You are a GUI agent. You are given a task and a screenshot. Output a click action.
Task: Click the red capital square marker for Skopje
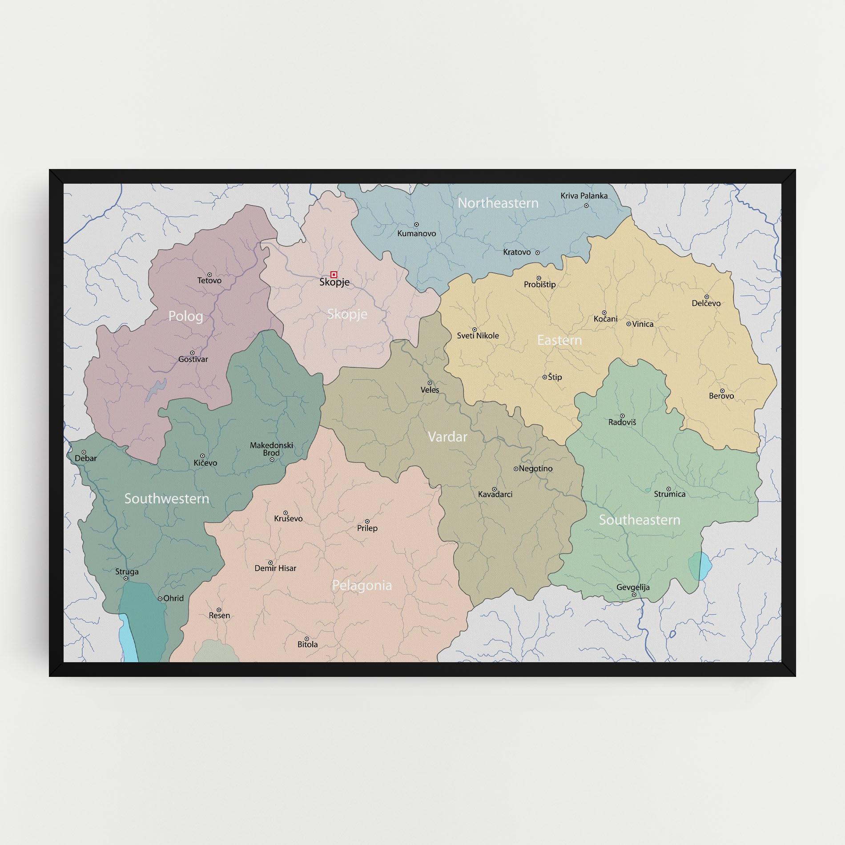coord(334,274)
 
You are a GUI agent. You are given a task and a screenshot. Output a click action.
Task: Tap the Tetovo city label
coord(209,281)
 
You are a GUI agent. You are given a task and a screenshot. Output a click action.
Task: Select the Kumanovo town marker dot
coord(416,225)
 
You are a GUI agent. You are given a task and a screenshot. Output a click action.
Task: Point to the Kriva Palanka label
coord(584,196)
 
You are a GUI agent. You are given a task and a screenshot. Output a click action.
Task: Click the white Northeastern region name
coord(498,203)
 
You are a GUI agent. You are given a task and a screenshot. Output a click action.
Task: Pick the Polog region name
coord(186,316)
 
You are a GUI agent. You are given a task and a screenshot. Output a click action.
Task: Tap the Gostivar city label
coord(193,359)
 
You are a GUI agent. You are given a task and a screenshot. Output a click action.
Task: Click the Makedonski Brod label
coord(271,449)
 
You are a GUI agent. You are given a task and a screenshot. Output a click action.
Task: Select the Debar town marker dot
coord(84,452)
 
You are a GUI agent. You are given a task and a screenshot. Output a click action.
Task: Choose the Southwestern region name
coord(167,499)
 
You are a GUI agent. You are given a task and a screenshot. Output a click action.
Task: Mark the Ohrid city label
coord(173,599)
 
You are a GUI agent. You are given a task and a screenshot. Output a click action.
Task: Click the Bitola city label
coord(308,644)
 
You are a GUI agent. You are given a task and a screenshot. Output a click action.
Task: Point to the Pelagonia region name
coord(362,585)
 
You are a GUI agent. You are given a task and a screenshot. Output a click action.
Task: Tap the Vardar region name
coord(447,437)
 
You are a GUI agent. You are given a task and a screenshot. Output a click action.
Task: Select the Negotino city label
coord(535,469)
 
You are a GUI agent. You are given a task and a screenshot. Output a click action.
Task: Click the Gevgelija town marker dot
coord(634,595)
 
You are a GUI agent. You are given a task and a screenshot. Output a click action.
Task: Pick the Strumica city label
coord(670,494)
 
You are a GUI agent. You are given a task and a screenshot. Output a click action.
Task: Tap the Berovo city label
coord(721,396)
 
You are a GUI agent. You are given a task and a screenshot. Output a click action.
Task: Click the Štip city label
coord(555,377)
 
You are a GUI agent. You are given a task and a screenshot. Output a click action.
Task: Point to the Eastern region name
coord(559,340)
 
